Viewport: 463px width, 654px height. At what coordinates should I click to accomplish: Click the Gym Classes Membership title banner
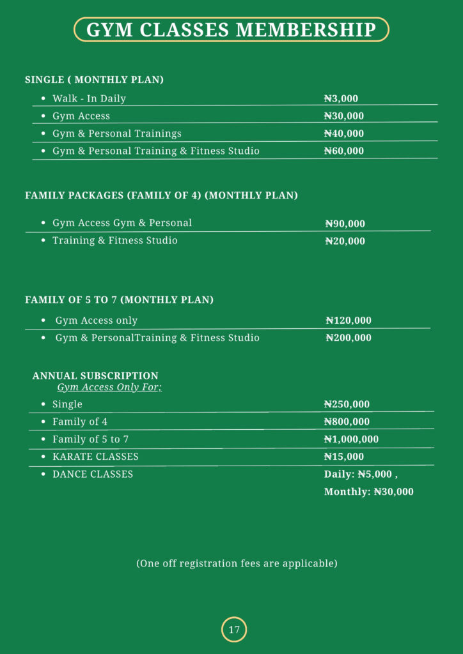coord(231,29)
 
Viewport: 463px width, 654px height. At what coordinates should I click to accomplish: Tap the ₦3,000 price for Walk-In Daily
coord(341,99)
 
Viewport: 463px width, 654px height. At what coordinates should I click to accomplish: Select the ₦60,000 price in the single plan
coord(343,151)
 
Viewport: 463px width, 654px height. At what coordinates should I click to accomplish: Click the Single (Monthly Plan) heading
coord(94,80)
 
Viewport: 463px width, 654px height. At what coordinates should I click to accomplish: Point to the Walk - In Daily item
coord(89,99)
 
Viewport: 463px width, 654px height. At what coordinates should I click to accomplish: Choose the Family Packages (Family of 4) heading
coord(161,195)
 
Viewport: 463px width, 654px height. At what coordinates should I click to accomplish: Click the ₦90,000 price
coord(345,224)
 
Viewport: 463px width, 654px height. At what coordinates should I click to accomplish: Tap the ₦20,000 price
coord(345,241)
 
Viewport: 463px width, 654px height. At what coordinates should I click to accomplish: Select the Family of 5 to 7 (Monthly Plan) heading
coord(119,300)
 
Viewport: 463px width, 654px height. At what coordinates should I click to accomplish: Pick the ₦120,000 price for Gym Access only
coord(348,321)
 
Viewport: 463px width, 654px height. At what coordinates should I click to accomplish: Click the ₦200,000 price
coord(348,338)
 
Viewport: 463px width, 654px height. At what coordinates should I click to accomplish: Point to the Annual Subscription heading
coord(95,376)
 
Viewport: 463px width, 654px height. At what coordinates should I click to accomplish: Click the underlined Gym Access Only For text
coord(109,388)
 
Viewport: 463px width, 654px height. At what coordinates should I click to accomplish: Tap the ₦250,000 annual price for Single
coord(347,405)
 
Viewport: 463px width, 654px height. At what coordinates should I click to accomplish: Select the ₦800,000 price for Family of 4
coord(347,422)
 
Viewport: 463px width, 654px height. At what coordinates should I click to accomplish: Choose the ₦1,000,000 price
coord(351,439)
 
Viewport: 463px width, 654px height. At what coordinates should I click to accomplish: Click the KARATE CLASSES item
coord(95,457)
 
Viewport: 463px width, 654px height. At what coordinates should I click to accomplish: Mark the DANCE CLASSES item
coord(93,475)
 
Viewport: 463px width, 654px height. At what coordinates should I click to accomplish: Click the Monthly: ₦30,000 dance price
coord(368,492)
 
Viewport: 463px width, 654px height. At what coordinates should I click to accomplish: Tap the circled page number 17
coord(234,630)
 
